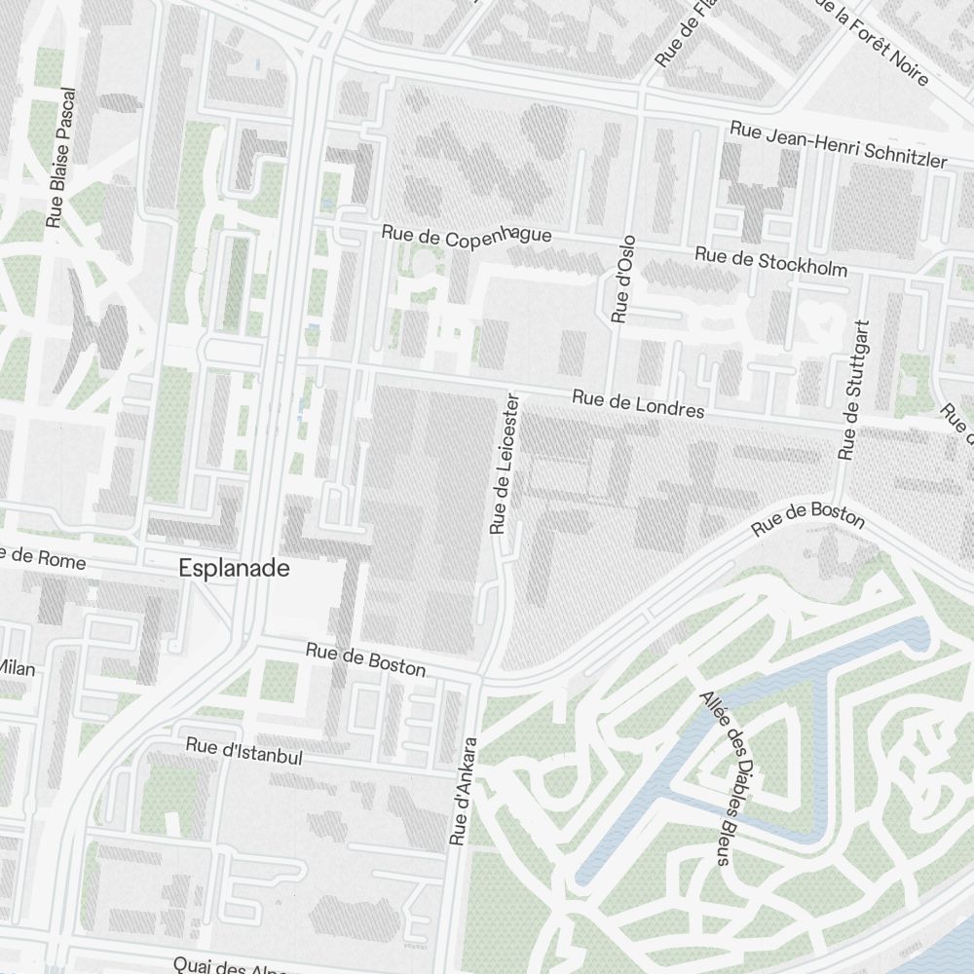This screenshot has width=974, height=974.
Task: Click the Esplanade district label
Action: (234, 569)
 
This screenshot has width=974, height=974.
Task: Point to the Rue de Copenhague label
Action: (467, 236)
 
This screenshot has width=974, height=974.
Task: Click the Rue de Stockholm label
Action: (770, 261)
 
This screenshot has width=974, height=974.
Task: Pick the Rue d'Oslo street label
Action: (623, 279)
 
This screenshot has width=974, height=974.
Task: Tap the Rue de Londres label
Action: (638, 404)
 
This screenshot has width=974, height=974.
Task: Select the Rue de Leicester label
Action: (502, 464)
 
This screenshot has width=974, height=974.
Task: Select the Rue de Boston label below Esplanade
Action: (365, 659)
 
